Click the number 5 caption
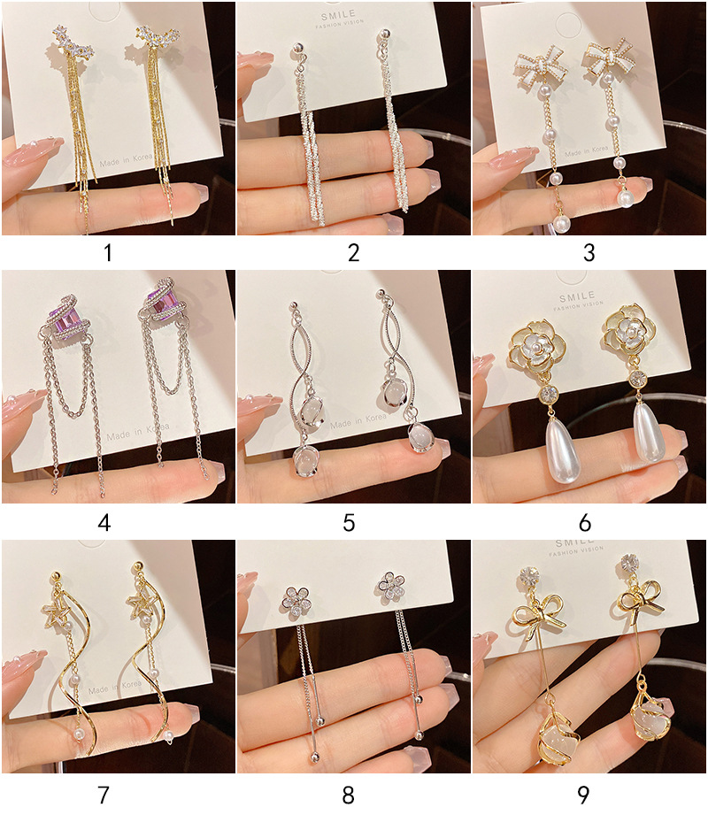click(349, 523)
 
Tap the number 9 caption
click(583, 794)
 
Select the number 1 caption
click(108, 253)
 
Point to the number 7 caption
click(104, 794)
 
